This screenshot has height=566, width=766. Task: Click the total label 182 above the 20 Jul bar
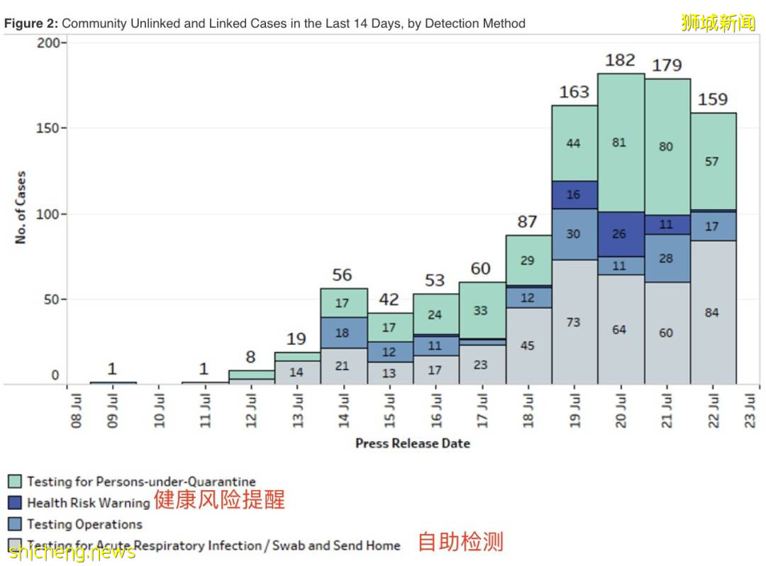coord(620,60)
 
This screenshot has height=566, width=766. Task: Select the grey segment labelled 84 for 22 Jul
coord(713,312)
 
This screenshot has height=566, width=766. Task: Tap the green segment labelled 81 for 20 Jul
coord(620,142)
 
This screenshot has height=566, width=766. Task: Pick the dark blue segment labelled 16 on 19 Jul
coord(574,195)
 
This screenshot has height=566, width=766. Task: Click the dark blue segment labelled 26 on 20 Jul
coord(620,234)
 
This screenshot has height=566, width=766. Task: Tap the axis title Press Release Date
coord(412,443)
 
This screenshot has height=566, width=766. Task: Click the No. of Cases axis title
coord(21,208)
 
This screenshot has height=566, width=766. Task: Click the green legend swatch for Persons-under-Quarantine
coord(16,482)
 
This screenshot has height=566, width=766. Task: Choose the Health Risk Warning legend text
coord(88,503)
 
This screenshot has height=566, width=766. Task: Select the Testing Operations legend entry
coord(84,524)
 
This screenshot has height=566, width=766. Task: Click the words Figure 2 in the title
coord(31,23)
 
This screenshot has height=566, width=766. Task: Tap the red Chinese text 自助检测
coord(460,542)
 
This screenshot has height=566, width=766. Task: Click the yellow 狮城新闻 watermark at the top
coord(718,23)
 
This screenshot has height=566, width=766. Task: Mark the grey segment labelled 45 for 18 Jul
coord(528,346)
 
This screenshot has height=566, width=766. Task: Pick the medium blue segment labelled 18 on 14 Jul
coord(343,332)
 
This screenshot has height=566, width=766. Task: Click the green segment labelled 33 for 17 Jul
coord(482,310)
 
